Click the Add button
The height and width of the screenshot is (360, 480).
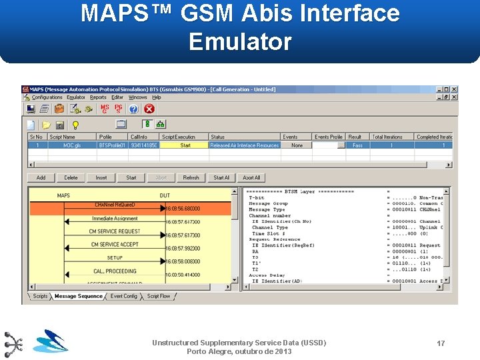41,178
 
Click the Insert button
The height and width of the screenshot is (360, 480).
101,178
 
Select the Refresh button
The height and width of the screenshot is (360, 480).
191,178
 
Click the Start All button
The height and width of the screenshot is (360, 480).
221,178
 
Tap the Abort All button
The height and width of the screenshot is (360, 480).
251,178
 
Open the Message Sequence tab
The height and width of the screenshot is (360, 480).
79,296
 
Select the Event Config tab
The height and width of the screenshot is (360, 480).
124,296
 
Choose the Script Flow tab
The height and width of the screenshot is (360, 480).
159,296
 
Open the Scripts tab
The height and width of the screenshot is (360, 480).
41,296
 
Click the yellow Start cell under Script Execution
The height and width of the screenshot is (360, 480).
185,145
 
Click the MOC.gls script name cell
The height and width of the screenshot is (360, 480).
72,145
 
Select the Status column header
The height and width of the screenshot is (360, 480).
218,137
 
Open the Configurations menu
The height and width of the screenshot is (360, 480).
47,97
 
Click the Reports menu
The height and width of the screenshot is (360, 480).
98,97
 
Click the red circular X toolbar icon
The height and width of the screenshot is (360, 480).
149,109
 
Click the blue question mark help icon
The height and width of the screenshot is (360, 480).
134,109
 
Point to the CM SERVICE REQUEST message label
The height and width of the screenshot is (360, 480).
115,231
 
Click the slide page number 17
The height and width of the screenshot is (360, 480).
441,343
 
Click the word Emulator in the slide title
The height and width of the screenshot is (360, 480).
240,42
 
